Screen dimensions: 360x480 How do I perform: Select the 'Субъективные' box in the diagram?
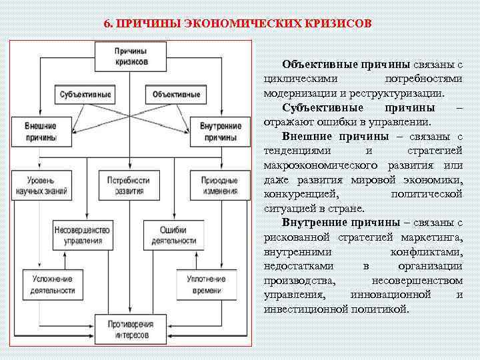click(85, 94)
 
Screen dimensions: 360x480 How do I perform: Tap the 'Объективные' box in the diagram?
click(176, 94)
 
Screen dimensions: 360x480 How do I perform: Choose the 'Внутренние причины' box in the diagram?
click(221, 132)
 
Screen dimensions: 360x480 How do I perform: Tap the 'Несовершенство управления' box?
click(79, 235)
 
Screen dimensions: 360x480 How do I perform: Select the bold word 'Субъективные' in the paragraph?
click(323, 108)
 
